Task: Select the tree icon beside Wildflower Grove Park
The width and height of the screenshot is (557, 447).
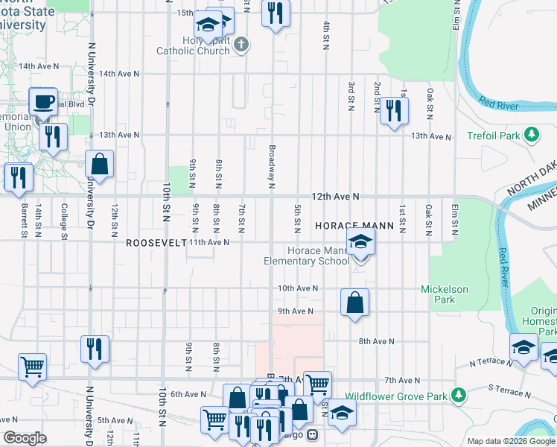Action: (459, 393)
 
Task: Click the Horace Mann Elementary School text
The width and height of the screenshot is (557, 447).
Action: (307, 256)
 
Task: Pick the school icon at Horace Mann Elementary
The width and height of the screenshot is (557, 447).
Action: (360, 244)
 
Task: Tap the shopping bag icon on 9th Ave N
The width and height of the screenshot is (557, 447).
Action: (354, 302)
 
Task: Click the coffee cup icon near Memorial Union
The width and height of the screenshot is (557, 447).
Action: (42, 101)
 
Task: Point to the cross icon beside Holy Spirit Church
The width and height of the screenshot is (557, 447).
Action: (240, 45)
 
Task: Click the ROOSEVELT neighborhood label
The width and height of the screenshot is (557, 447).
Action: (155, 243)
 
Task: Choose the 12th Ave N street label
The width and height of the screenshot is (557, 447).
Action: (335, 197)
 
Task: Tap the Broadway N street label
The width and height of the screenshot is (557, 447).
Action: (272, 166)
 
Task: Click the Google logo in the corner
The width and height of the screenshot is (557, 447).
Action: (25, 438)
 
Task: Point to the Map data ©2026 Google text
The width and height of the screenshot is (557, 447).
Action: (510, 441)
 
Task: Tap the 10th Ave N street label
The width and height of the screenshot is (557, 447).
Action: (298, 288)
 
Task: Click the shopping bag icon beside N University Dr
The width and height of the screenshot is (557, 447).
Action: (99, 164)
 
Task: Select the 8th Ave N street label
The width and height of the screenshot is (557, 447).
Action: (375, 341)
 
